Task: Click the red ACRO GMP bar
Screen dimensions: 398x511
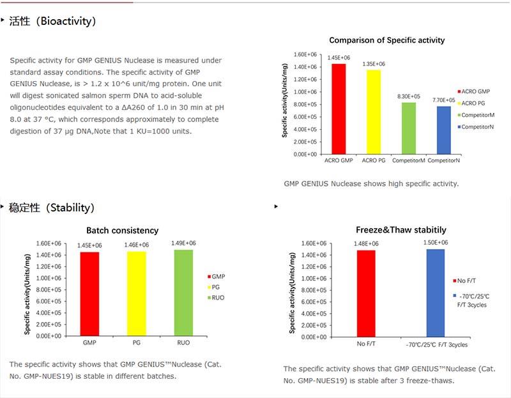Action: click(x=338, y=109)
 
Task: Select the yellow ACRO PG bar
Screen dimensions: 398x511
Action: click(x=373, y=112)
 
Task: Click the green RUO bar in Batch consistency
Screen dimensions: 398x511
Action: click(x=183, y=293)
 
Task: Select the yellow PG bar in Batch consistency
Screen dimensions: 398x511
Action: click(x=137, y=293)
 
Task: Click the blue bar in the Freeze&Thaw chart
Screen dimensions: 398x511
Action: click(x=436, y=292)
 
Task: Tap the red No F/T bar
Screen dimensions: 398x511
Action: click(x=365, y=293)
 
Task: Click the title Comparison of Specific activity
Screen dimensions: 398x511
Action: click(x=386, y=40)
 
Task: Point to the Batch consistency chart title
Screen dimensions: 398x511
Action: click(x=123, y=231)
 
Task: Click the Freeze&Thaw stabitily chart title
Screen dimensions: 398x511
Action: click(x=400, y=230)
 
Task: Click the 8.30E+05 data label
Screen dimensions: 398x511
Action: click(x=409, y=96)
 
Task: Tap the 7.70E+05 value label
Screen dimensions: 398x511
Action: click(x=444, y=100)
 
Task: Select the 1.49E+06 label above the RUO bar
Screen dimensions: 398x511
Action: click(x=183, y=243)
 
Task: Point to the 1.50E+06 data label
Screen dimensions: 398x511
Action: click(x=436, y=243)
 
